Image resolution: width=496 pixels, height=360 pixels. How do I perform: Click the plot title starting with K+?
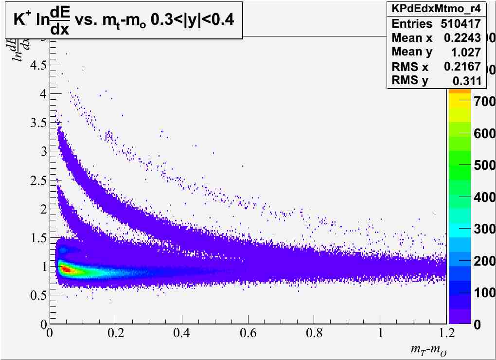pyautogui.click(x=124, y=23)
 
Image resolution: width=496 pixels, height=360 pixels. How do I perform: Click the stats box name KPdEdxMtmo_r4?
pyautogui.click(x=436, y=8)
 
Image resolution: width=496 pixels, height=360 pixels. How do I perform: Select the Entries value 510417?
pyautogui.click(x=461, y=23)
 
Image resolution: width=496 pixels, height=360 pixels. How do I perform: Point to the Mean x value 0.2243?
pyautogui.click(x=462, y=38)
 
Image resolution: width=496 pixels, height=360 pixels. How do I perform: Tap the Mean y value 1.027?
pyautogui.click(x=465, y=52)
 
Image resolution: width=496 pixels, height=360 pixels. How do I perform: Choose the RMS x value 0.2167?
pyautogui.click(x=462, y=67)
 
